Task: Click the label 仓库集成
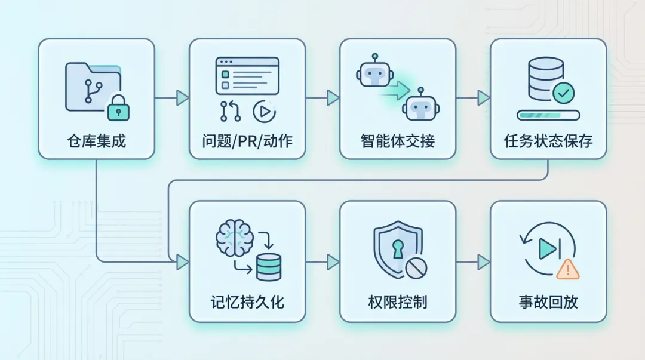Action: pos(96,141)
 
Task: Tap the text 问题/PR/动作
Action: pos(247,141)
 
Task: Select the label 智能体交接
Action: pos(398,141)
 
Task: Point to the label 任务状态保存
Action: pos(548,141)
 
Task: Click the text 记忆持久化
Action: pos(247,301)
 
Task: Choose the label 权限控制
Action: pos(398,301)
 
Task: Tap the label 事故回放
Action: pos(548,301)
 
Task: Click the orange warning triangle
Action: pos(567,270)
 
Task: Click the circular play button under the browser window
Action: pos(264,111)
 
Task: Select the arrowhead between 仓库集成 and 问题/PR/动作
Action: pos(182,98)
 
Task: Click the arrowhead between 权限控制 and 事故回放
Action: pos(483,261)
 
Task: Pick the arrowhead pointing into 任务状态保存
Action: pos(483,98)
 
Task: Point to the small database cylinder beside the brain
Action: pos(268,267)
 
